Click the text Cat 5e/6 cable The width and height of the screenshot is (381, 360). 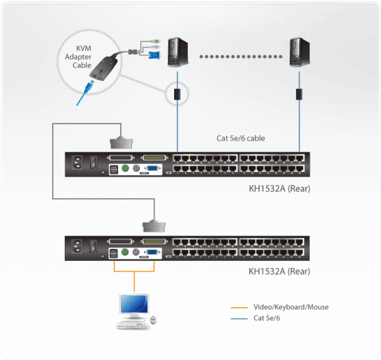coord(238,139)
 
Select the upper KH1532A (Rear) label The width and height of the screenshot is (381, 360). coord(279,189)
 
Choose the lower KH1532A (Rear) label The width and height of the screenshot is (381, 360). coord(279,271)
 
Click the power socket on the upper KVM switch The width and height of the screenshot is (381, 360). coord(78,163)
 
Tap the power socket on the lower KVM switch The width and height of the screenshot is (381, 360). coord(78,247)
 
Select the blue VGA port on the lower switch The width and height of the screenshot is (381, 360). coord(152,253)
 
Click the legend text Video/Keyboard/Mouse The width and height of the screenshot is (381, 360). coord(291,307)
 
